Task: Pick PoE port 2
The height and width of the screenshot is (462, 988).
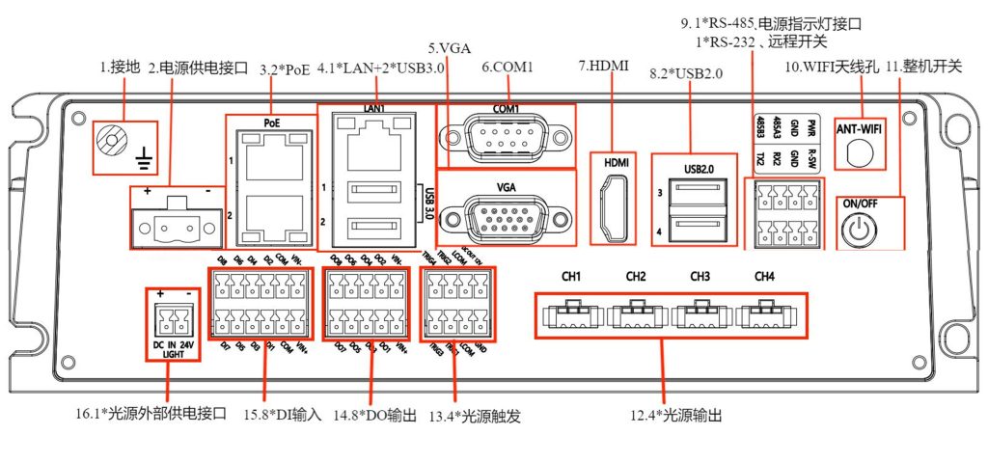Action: point(269,216)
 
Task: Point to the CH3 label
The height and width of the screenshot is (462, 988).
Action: point(700,278)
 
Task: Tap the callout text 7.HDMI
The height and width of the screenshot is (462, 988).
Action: point(605,67)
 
